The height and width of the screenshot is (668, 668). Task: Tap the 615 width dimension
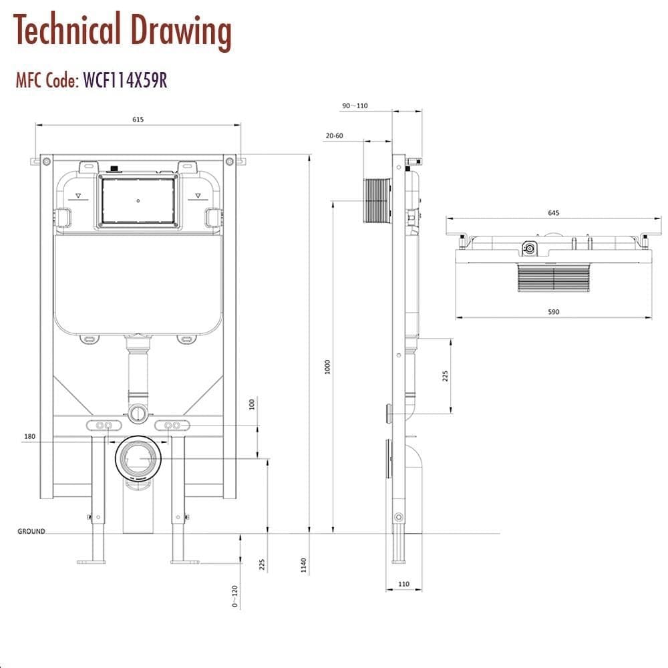click(138, 120)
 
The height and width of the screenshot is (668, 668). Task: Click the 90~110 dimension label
click(355, 106)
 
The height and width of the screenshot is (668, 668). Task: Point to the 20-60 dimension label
click(334, 136)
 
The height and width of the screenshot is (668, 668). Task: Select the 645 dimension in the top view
click(553, 213)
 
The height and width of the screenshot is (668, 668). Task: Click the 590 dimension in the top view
click(553, 311)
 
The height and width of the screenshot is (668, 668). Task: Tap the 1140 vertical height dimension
click(304, 565)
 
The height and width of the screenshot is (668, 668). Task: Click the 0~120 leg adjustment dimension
click(234, 595)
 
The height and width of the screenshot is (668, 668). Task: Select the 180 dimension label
click(29, 437)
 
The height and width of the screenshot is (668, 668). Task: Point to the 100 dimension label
click(252, 405)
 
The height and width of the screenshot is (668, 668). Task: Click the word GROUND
click(31, 532)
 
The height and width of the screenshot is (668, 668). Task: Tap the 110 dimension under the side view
click(403, 584)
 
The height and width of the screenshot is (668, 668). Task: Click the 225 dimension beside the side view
click(446, 375)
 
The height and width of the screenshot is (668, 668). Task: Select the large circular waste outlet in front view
click(139, 459)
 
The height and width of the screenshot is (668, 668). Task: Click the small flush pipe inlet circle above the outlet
click(138, 413)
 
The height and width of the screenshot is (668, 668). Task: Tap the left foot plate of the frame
click(92, 561)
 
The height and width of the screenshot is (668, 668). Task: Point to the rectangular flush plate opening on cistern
click(138, 200)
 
